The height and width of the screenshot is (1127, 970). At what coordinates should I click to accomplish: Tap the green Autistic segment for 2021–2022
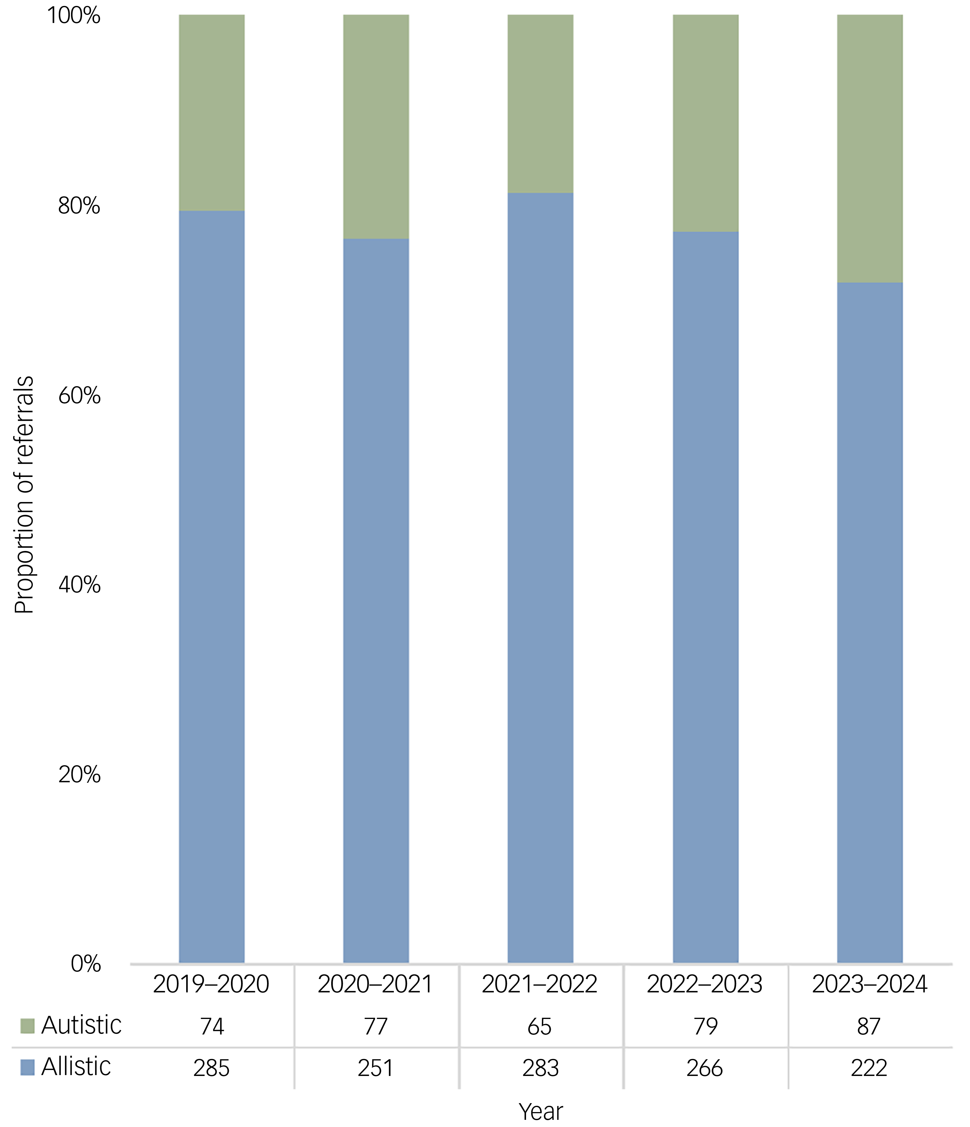click(540, 104)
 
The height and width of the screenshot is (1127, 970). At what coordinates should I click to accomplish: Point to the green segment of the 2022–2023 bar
click(705, 124)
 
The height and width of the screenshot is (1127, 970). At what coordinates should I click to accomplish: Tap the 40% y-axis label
click(79, 585)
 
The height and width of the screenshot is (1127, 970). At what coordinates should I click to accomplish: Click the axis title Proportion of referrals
click(24, 495)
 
